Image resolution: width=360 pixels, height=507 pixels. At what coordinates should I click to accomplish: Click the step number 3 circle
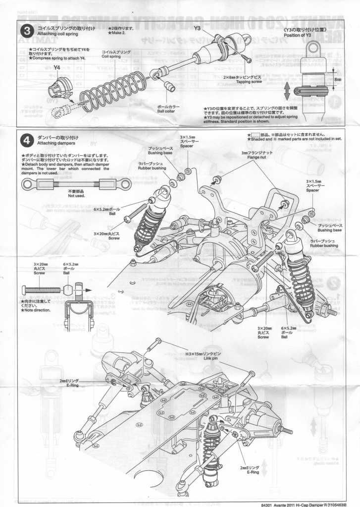point(28,30)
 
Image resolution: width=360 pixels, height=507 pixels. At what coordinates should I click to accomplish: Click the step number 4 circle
point(28,139)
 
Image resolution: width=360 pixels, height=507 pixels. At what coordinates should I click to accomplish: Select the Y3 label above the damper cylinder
point(197,28)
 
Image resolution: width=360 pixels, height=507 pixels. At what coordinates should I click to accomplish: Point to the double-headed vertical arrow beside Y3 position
point(287,92)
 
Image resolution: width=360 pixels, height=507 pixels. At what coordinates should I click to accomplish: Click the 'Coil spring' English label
point(111,56)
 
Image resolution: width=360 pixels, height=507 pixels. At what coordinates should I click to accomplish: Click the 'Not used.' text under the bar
point(76,196)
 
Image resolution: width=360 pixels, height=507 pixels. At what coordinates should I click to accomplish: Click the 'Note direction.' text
point(35,310)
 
